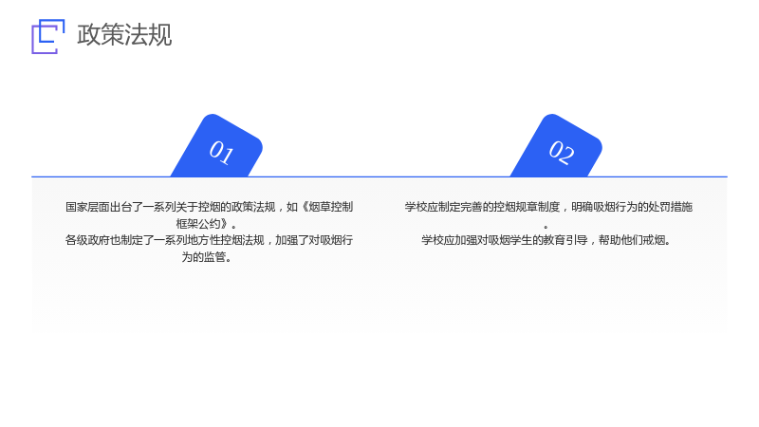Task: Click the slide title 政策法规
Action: (124, 35)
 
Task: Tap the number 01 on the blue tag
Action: (221, 153)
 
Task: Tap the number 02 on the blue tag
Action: (562, 153)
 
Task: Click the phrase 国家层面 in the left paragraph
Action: (87, 207)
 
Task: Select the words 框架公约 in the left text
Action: (198, 224)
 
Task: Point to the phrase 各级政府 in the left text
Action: (87, 240)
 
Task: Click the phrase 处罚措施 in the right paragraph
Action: (671, 207)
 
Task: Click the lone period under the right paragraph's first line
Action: (546, 227)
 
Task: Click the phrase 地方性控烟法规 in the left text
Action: (226, 240)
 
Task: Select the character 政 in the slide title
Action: (88, 35)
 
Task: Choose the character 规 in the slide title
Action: (160, 35)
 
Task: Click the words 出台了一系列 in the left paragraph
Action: (143, 207)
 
